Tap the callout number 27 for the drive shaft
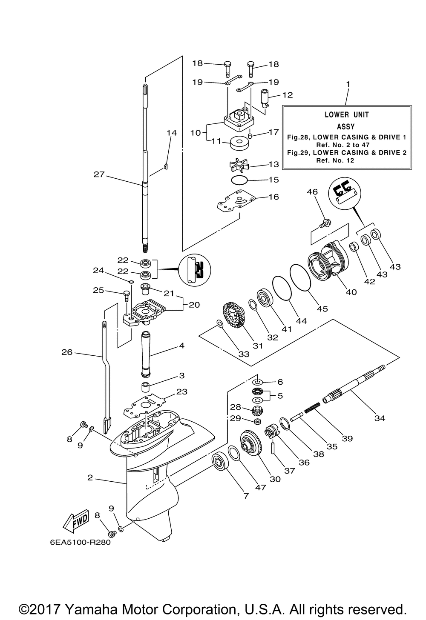tap(99, 174)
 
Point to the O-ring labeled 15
tap(240, 180)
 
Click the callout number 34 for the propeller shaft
tap(380, 418)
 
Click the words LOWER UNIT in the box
tap(347, 114)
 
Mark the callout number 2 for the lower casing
tap(90, 477)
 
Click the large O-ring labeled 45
tap(301, 277)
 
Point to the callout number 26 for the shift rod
tap(67, 352)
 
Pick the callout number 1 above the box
tap(348, 84)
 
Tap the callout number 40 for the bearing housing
tap(351, 292)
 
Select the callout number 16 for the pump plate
tap(273, 197)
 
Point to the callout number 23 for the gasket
tap(181, 391)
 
